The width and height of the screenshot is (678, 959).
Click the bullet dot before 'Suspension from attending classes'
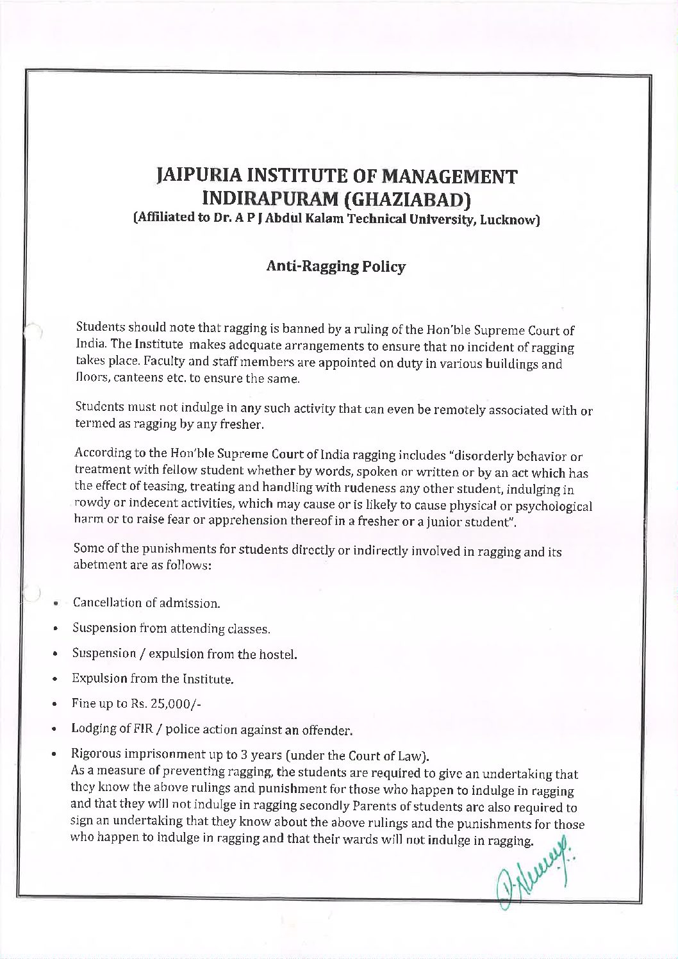click(x=57, y=629)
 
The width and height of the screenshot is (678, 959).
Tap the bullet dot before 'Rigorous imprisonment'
click(x=57, y=754)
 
